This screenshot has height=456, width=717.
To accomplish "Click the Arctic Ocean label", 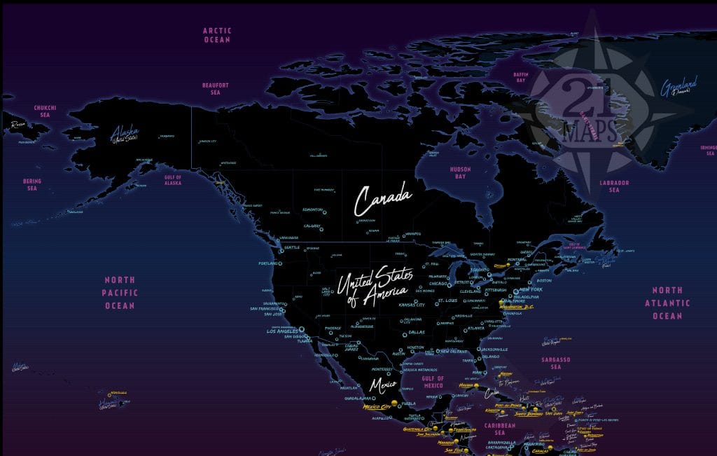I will (x=216, y=35).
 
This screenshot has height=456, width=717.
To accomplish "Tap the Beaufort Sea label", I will (x=216, y=89).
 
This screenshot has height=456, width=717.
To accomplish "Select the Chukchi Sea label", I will (x=46, y=111).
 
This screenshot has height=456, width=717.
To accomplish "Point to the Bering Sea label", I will (x=32, y=185).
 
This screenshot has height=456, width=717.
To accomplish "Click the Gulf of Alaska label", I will (x=172, y=179).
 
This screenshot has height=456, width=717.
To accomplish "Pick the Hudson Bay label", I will (x=460, y=173).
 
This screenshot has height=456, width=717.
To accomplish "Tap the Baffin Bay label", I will (x=520, y=77).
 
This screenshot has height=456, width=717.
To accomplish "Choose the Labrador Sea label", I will (x=614, y=186).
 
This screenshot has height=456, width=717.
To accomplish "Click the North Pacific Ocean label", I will (x=120, y=293).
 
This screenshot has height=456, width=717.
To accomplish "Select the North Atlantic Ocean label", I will (x=667, y=303).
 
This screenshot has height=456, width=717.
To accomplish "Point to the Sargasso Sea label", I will (x=556, y=363).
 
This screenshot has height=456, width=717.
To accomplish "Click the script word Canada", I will (x=381, y=200).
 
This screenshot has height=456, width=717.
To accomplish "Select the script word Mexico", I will (x=383, y=385).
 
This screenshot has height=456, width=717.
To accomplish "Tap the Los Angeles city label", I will (x=282, y=331).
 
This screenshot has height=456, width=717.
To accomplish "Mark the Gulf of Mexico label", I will (x=433, y=382).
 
